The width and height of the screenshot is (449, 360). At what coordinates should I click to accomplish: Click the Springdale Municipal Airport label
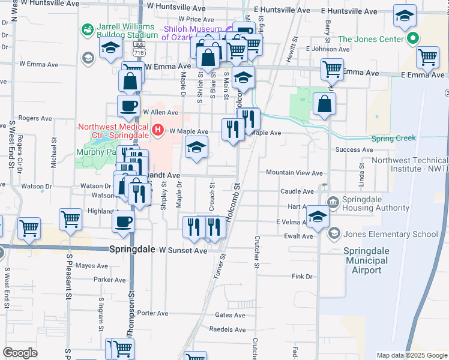pos(372,260)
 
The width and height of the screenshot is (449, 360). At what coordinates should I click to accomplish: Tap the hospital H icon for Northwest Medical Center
pos(158,129)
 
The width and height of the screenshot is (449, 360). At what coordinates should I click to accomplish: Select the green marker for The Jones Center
pos(413,40)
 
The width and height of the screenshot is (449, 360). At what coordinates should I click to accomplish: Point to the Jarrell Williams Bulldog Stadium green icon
pos(88,28)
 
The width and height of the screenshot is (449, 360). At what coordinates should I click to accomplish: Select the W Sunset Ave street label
pos(175,250)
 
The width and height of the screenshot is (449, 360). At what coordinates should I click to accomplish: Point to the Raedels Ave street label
pos(231,330)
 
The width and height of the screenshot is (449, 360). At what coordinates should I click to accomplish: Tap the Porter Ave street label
pos(152,313)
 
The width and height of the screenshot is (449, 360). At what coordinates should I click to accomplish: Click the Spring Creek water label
pos(393,139)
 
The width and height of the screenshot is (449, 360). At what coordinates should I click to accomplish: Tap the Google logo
pos(20,353)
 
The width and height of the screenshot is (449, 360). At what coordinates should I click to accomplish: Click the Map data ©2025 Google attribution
pos(412,355)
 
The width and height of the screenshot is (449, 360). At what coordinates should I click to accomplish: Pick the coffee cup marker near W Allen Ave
pos(128,106)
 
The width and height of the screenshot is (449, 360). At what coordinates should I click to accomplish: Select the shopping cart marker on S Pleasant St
pos(71,218)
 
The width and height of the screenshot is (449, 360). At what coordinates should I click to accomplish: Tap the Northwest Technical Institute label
pos(410,164)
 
